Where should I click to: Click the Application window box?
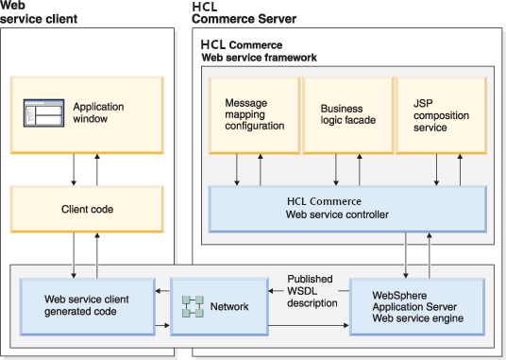tap(86, 113)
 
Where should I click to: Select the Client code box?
tap(86, 209)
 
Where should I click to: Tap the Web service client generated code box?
tap(88, 305)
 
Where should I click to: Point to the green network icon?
tap(192, 306)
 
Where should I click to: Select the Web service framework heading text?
tap(259, 58)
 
